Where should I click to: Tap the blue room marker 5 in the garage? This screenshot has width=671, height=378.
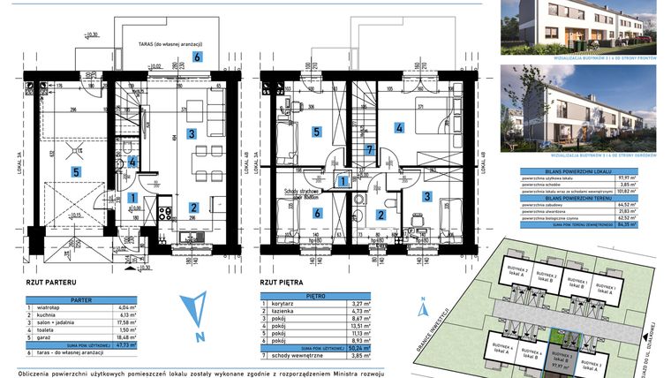coord(76,171)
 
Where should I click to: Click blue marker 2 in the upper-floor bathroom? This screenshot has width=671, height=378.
coord(381,213)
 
